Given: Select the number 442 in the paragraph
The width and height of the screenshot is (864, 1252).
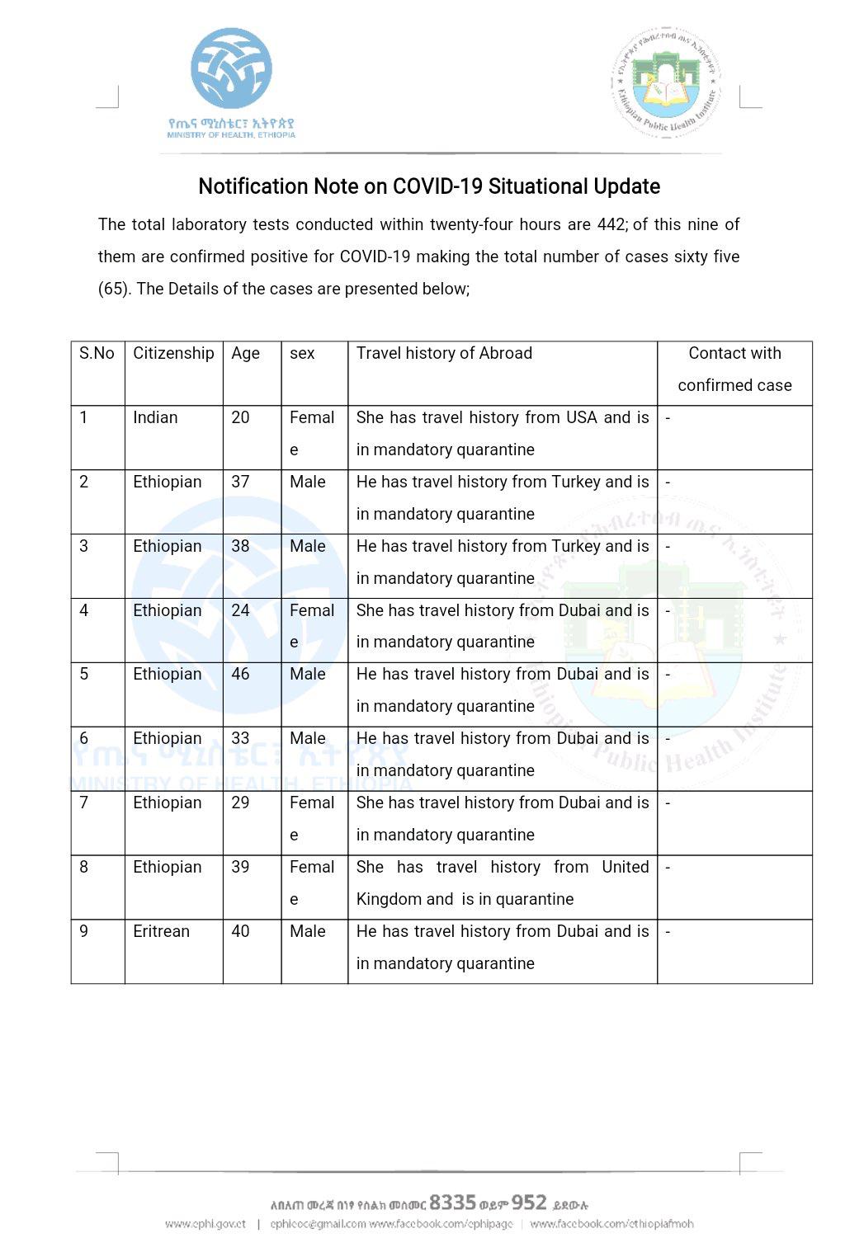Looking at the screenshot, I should point(611,224).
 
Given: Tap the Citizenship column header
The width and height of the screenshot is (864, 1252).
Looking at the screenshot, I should point(173,353).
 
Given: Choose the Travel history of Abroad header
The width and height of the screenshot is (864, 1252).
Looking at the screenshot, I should point(444,353).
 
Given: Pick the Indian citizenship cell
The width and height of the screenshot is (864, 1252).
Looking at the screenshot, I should point(155,417).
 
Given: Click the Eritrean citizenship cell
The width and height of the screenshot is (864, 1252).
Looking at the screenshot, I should point(161,931).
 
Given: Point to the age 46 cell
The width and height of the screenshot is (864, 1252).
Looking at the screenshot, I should point(240,674).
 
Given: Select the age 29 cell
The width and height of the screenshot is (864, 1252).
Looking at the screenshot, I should point(240,803).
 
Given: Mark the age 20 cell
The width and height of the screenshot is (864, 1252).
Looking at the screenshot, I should point(240,417).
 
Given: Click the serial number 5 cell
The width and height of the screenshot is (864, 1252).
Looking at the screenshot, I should point(84,674).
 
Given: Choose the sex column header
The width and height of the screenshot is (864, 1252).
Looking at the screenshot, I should point(302,353).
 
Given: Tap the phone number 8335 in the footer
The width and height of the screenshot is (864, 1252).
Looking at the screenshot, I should point(452,1202).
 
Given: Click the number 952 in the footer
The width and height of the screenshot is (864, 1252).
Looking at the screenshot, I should point(529,1202).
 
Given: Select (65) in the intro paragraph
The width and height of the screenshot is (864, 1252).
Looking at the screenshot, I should point(114,289).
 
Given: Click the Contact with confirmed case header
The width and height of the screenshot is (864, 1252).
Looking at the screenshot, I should point(734,369).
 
